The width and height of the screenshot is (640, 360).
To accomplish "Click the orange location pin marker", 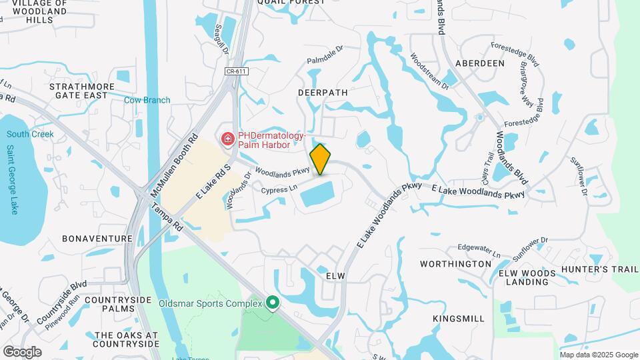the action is tap(321, 159).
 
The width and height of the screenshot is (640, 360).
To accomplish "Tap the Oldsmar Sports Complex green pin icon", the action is tap(272, 303).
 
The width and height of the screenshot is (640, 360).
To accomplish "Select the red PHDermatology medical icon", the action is tap(228, 139).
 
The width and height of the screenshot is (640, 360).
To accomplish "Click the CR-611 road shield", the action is tap(233, 71).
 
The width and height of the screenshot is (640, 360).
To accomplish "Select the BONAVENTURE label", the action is tap(97, 238).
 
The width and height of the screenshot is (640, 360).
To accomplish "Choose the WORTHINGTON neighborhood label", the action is tap(455, 264).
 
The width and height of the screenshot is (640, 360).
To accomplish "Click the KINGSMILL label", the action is tap(459, 319).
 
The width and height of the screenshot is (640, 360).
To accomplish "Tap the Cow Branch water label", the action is tap(147, 100).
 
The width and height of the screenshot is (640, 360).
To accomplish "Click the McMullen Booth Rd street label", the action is tap(175, 167).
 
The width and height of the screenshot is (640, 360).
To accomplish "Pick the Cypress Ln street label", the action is tap(279, 189).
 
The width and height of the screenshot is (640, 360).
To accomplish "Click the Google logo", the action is tap(22, 351).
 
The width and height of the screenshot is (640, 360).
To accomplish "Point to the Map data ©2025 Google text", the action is tap(598, 354).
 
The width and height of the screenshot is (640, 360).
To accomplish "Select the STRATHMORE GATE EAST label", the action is tap(78, 91).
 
